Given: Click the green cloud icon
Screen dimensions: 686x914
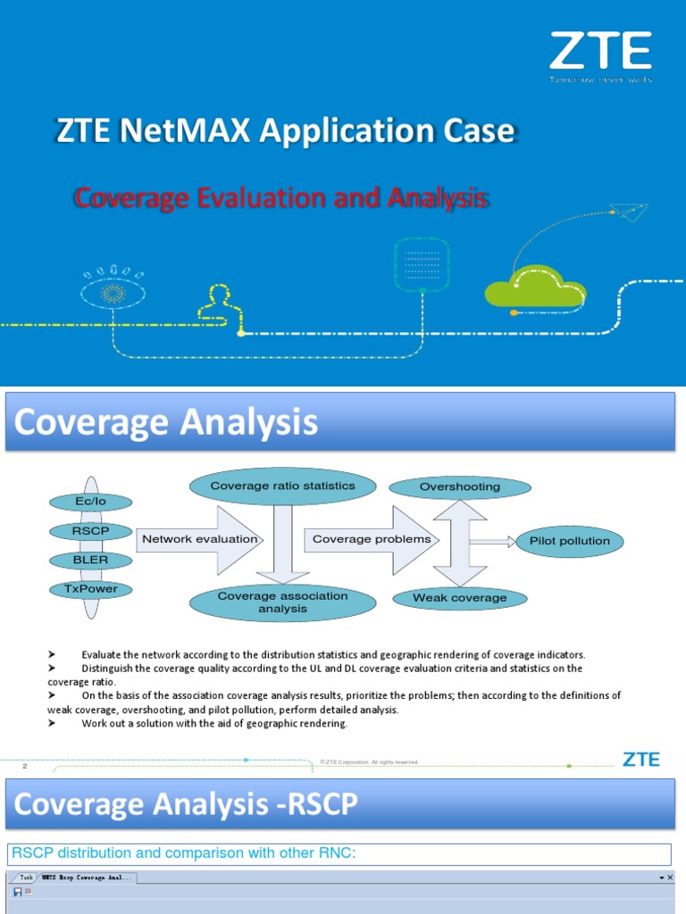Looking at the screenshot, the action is pyautogui.click(x=534, y=288).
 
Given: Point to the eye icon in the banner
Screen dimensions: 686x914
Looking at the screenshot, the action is pyautogui.click(x=113, y=293).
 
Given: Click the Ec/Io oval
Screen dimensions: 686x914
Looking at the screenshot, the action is pyautogui.click(x=90, y=503).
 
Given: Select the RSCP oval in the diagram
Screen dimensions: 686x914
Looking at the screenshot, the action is pyautogui.click(x=90, y=531).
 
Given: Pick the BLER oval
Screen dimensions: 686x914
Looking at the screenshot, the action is pyautogui.click(x=90, y=560).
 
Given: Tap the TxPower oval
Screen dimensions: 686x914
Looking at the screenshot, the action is pyautogui.click(x=90, y=589).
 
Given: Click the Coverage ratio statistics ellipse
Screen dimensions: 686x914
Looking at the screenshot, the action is pyautogui.click(x=282, y=486).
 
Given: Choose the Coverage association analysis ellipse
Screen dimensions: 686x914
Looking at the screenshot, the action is pyautogui.click(x=282, y=602).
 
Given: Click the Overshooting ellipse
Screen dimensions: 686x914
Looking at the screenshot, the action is pyautogui.click(x=459, y=487).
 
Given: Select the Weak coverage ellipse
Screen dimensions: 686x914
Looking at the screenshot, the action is pyautogui.click(x=459, y=597).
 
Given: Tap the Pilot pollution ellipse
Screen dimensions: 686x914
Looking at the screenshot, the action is pyautogui.click(x=569, y=541).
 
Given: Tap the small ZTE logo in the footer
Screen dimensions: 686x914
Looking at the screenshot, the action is pyautogui.click(x=640, y=760).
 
